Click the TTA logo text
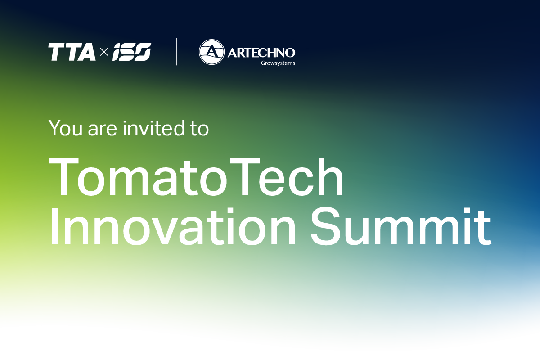tap(72, 52)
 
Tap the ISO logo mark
tap(131, 52)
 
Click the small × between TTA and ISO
tap(104, 53)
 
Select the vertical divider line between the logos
tap(176, 52)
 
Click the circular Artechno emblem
tap(211, 52)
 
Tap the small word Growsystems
tap(278, 63)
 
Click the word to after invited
tap(198, 129)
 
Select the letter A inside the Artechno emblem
tap(211, 53)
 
